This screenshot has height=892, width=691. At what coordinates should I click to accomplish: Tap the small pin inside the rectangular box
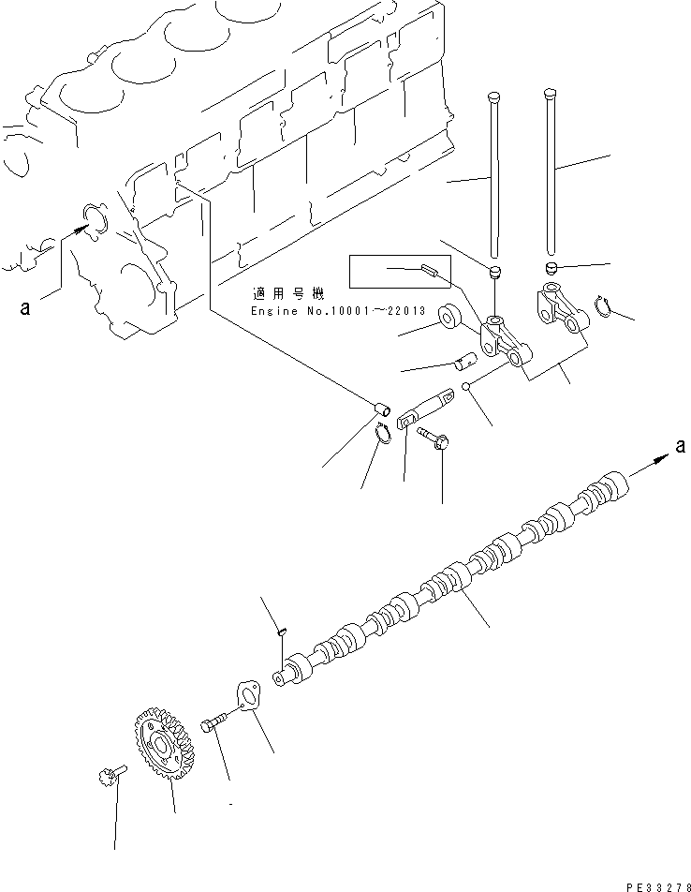pyautogui.click(x=431, y=271)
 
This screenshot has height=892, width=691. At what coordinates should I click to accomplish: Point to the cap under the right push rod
pyautogui.click(x=552, y=270)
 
